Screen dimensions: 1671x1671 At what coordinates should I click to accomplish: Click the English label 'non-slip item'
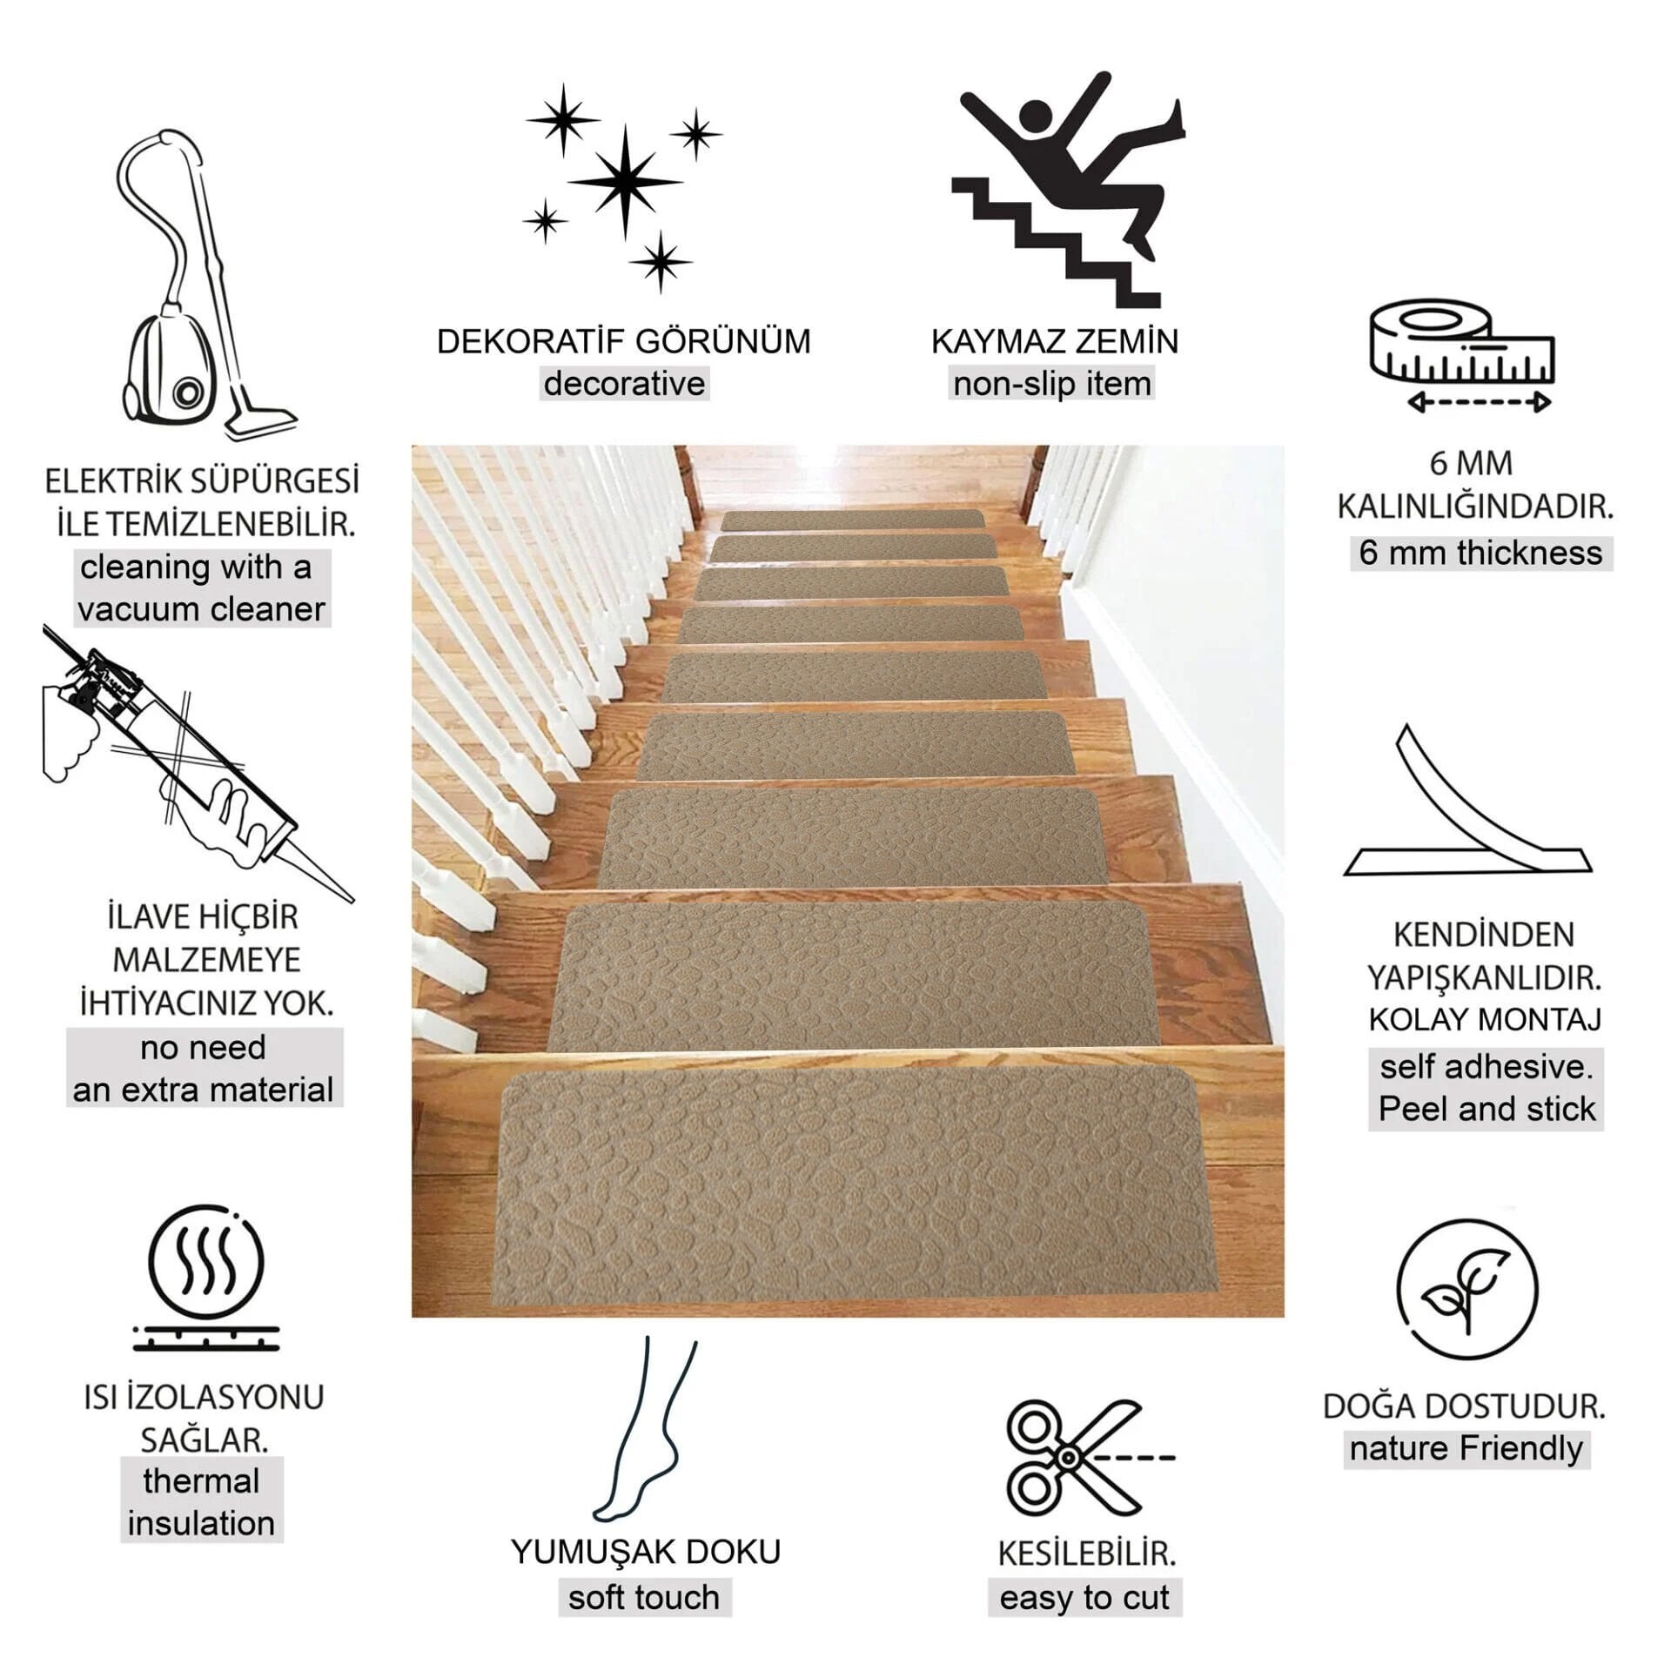[1051, 384]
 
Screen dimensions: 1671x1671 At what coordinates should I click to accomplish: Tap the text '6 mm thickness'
[1480, 553]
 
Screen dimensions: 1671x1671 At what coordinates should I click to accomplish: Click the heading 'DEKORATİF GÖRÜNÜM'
[623, 341]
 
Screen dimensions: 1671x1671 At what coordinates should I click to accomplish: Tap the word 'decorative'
[624, 384]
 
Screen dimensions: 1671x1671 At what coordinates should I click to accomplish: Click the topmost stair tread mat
[853, 520]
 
